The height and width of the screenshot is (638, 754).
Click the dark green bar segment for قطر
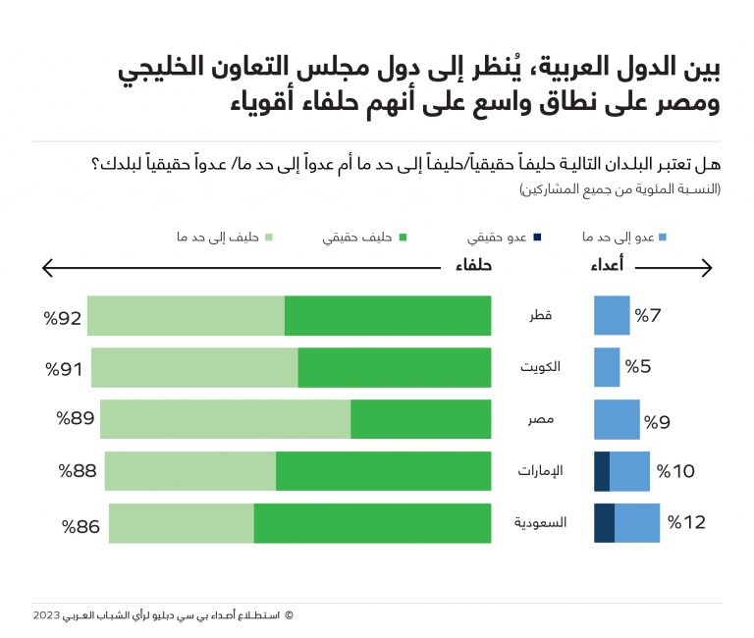(388, 316)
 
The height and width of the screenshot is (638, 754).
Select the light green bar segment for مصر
(225, 419)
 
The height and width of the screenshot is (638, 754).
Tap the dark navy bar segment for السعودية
(604, 522)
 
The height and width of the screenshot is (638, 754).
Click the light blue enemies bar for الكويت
(607, 367)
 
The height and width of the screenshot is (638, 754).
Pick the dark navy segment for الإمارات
(602, 471)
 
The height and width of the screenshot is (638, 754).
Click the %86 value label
(81, 526)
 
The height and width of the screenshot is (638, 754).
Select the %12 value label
(686, 522)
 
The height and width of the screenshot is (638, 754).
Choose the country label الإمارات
(540, 471)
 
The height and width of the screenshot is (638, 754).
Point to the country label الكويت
(540, 367)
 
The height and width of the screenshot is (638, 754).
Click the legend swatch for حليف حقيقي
(403, 237)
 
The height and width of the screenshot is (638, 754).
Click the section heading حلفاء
(472, 265)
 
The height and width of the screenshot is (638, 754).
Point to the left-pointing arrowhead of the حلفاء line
(46, 266)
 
